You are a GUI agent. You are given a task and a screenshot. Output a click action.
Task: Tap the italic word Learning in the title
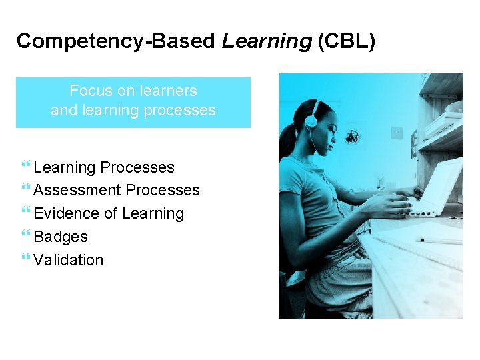[267, 41]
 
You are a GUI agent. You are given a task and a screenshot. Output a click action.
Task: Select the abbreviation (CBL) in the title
[347, 41]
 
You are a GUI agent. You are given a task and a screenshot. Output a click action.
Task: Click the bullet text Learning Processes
[103, 167]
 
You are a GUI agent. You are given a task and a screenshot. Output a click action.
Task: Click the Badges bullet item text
[60, 237]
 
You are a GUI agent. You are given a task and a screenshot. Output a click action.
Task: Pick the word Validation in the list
[68, 260]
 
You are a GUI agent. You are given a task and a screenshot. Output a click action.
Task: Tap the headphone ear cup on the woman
[311, 121]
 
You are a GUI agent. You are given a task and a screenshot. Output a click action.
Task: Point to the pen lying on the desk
[441, 241]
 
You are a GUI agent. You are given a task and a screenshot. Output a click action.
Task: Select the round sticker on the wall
[352, 136]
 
